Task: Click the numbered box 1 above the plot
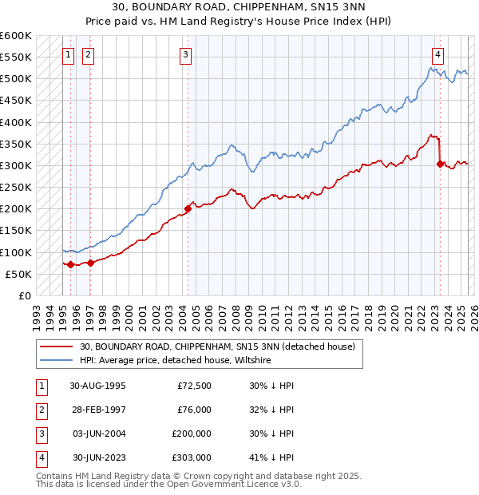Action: (69, 55)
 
